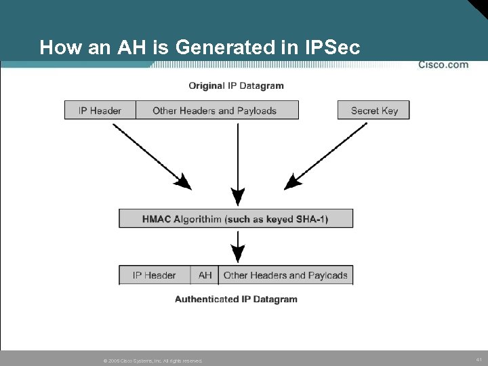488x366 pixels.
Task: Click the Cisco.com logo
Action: click(x=443, y=65)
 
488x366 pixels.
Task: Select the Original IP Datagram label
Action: click(x=236, y=86)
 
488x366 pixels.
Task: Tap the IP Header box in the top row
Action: click(x=100, y=110)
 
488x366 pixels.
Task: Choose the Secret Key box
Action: click(x=373, y=110)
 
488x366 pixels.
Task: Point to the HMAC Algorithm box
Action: click(x=235, y=219)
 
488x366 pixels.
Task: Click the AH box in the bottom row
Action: click(x=205, y=275)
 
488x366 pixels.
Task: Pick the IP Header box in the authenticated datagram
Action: click(x=154, y=275)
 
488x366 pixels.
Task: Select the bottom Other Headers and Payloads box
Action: click(x=285, y=275)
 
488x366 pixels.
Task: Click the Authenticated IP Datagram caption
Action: click(x=236, y=299)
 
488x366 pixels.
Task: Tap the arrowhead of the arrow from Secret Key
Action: click(x=292, y=182)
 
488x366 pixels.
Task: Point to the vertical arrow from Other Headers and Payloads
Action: click(x=237, y=163)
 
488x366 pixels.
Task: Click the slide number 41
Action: click(x=479, y=359)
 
